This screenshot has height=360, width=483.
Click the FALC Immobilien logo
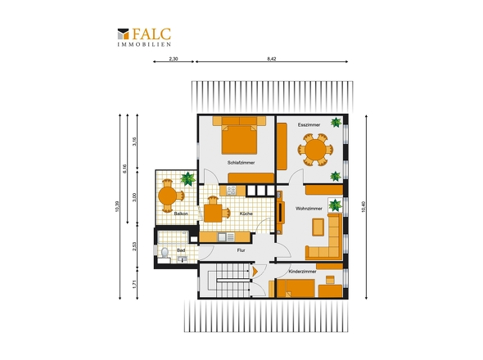pyautogui.click(x=144, y=38)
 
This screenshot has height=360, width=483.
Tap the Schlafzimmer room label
pyautogui.click(x=241, y=163)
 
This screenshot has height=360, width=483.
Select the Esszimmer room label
pyautogui.click(x=309, y=124)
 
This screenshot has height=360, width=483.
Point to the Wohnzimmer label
pyautogui.click(x=309, y=209)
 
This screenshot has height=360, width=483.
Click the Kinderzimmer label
pyautogui.click(x=303, y=272)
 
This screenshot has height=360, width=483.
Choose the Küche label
pyautogui.click(x=246, y=214)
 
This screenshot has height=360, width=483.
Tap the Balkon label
pyautogui.click(x=181, y=214)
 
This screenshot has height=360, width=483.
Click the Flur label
pyautogui.click(x=241, y=250)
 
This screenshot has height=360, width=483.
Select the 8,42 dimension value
pyautogui.click(x=271, y=59)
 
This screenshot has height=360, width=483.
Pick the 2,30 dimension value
pyautogui.click(x=174, y=59)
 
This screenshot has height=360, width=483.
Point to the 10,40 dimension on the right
pyautogui.click(x=363, y=207)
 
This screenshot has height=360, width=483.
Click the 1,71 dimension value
pyautogui.click(x=134, y=284)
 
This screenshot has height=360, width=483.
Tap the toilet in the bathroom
pyautogui.click(x=165, y=252)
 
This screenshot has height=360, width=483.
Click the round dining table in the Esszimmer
pyautogui.click(x=315, y=150)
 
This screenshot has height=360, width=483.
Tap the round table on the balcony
pyautogui.click(x=167, y=196)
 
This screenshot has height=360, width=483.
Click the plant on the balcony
pyautogui.click(x=188, y=178)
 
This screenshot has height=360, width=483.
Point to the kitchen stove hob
pyautogui.click(x=231, y=191)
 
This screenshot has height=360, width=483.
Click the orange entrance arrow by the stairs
pyautogui.click(x=255, y=271)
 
